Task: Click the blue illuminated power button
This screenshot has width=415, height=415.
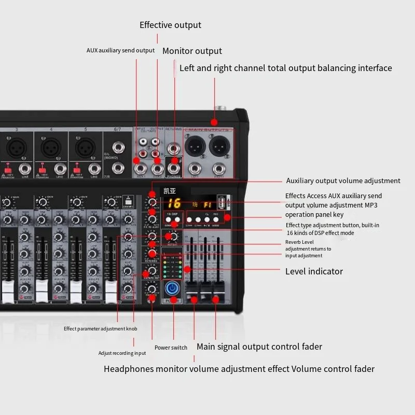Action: tap(171, 289)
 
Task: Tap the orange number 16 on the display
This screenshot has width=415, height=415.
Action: tap(174, 203)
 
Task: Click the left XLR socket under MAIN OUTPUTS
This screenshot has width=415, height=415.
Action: tap(195, 147)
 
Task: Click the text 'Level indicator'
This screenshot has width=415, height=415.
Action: tap(314, 271)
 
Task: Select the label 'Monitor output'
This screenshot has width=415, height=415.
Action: tap(192, 51)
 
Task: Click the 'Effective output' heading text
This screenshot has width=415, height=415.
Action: tap(170, 25)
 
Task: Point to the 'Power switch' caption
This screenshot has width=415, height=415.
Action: tap(171, 348)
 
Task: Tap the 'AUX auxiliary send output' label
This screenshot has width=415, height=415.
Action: tap(120, 50)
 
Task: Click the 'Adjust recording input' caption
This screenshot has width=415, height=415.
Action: tap(122, 353)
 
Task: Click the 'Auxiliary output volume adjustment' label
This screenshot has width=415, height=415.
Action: tap(343, 181)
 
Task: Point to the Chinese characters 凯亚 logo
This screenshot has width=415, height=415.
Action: tap(170, 190)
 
